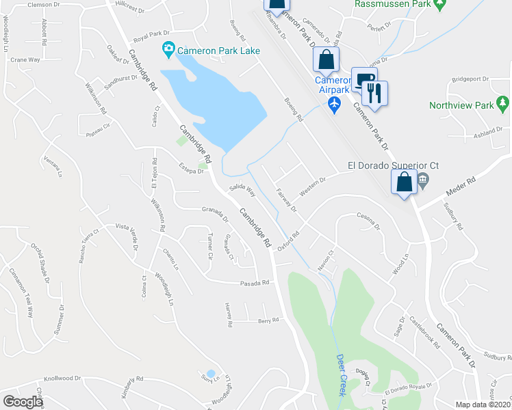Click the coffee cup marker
tap(362, 78)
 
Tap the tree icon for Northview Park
tap(504, 105)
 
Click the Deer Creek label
tap(342, 375)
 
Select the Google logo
tap(23, 402)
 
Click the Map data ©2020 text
tap(483, 404)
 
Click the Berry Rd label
tap(268, 320)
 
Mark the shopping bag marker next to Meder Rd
tap(404, 182)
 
